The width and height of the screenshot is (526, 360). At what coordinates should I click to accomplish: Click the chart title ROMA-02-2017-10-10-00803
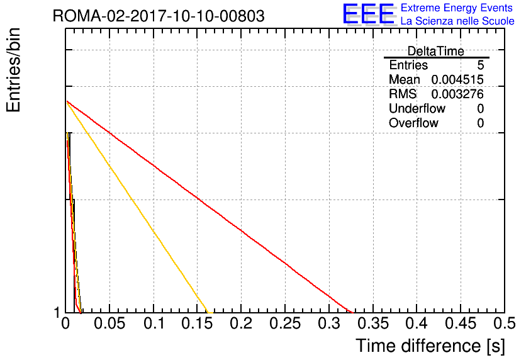pos(159,16)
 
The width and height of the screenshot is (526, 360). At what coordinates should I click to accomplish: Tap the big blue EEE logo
pos(369,14)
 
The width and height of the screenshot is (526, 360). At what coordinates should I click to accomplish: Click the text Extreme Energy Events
pos(457,8)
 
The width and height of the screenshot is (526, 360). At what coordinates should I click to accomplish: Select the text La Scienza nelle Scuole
pos(457,21)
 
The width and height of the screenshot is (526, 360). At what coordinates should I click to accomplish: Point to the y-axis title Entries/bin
pos(13,70)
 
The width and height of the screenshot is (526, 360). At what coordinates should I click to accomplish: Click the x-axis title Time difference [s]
pos(430,346)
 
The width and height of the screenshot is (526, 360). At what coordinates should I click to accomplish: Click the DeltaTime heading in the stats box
pos(436,51)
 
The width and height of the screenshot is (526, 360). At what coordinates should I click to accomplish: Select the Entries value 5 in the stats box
pos(480,65)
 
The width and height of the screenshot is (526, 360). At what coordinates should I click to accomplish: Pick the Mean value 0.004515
pos(457,80)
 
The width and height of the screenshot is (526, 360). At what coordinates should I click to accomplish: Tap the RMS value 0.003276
pos(457,94)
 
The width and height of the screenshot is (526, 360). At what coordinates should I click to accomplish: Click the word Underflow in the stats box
pos(417,108)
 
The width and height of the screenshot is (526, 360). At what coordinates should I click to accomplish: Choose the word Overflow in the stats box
pos(413,123)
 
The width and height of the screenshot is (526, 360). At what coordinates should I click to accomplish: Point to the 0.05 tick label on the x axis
pos(109,323)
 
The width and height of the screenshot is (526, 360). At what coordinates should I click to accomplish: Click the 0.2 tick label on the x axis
pos(241,323)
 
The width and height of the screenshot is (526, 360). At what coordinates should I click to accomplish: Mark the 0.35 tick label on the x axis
pos(373,323)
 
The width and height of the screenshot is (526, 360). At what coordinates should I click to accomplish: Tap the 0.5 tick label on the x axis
pos(505,323)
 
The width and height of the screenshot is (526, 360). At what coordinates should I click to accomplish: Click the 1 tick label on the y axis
pos(57,313)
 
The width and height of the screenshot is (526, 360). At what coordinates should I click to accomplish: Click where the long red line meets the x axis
pos(353,313)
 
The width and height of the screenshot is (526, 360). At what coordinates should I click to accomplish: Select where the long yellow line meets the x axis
pos(209,313)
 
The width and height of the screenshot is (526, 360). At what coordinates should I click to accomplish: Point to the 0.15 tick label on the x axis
pos(197,323)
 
